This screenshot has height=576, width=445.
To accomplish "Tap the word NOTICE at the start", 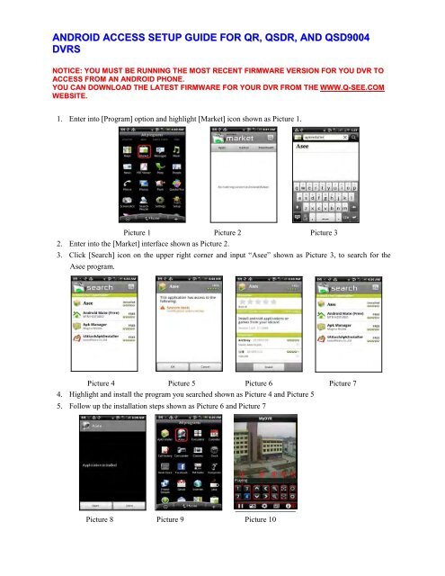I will pyautogui.click(x=41, y=67).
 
